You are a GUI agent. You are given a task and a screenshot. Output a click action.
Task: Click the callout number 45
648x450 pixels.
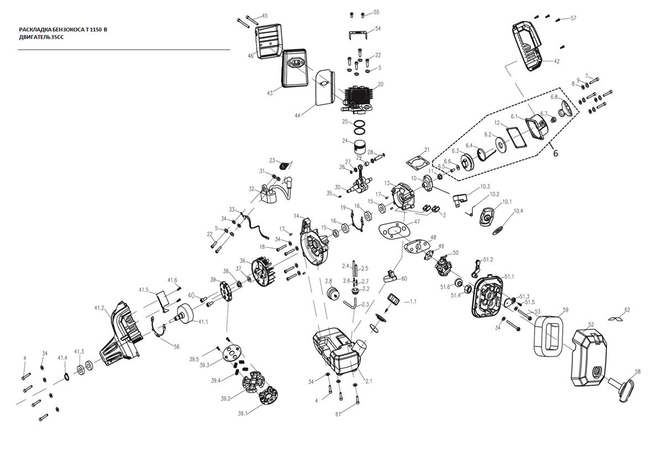pos(265,15)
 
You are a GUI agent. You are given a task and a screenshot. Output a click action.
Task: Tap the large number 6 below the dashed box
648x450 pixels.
pos(556,153)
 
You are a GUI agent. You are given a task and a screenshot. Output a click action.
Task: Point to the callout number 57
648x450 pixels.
pos(573,18)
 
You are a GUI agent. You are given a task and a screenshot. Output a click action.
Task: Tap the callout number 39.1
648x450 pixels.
pos(243,413)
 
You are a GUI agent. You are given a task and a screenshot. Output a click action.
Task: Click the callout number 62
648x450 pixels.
pos(627,309)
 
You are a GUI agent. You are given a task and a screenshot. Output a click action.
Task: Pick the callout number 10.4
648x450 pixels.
pos(518,211)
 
